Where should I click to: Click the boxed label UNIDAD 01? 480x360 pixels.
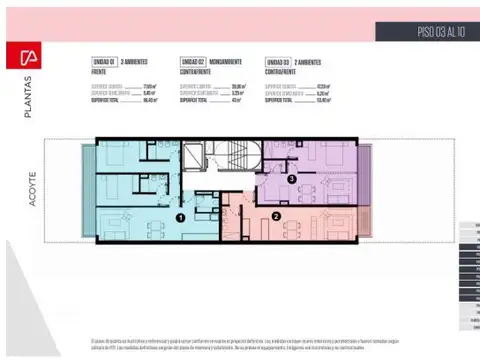pyautogui.click(x=103, y=61)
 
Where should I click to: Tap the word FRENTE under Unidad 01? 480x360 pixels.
pyautogui.click(x=99, y=70)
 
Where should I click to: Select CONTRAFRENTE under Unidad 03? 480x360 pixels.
pyautogui.click(x=285, y=70)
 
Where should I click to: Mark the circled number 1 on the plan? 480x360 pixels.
pyautogui.click(x=180, y=216)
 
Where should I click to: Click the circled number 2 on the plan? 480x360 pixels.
pyautogui.click(x=275, y=216)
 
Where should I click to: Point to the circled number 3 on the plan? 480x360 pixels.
pyautogui.click(x=290, y=179)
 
